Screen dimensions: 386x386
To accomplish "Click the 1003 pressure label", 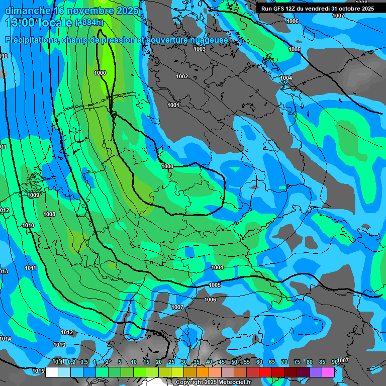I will click(x=200, y=49).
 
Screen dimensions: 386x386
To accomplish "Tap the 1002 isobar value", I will click(x=182, y=76).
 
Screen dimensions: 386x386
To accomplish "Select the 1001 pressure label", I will click(x=173, y=105).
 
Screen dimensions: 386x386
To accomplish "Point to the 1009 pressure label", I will click(x=34, y=195).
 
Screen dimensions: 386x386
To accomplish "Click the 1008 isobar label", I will click(x=49, y=214).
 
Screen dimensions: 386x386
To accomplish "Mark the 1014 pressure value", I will click(x=6, y=339).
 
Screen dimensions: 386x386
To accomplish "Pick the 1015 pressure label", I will click(x=38, y=371).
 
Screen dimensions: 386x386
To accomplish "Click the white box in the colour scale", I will click(x=52, y=372).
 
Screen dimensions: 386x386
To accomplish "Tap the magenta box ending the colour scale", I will click(x=328, y=372).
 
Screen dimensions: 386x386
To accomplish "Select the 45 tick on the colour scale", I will click(x=222, y=362).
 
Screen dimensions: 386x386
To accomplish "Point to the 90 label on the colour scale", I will click(x=335, y=362).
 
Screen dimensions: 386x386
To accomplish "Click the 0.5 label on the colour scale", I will click(x=83, y=362).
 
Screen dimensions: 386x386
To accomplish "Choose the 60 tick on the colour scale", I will click(x=259, y=362).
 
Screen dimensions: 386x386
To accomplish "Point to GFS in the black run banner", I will click(x=280, y=9).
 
